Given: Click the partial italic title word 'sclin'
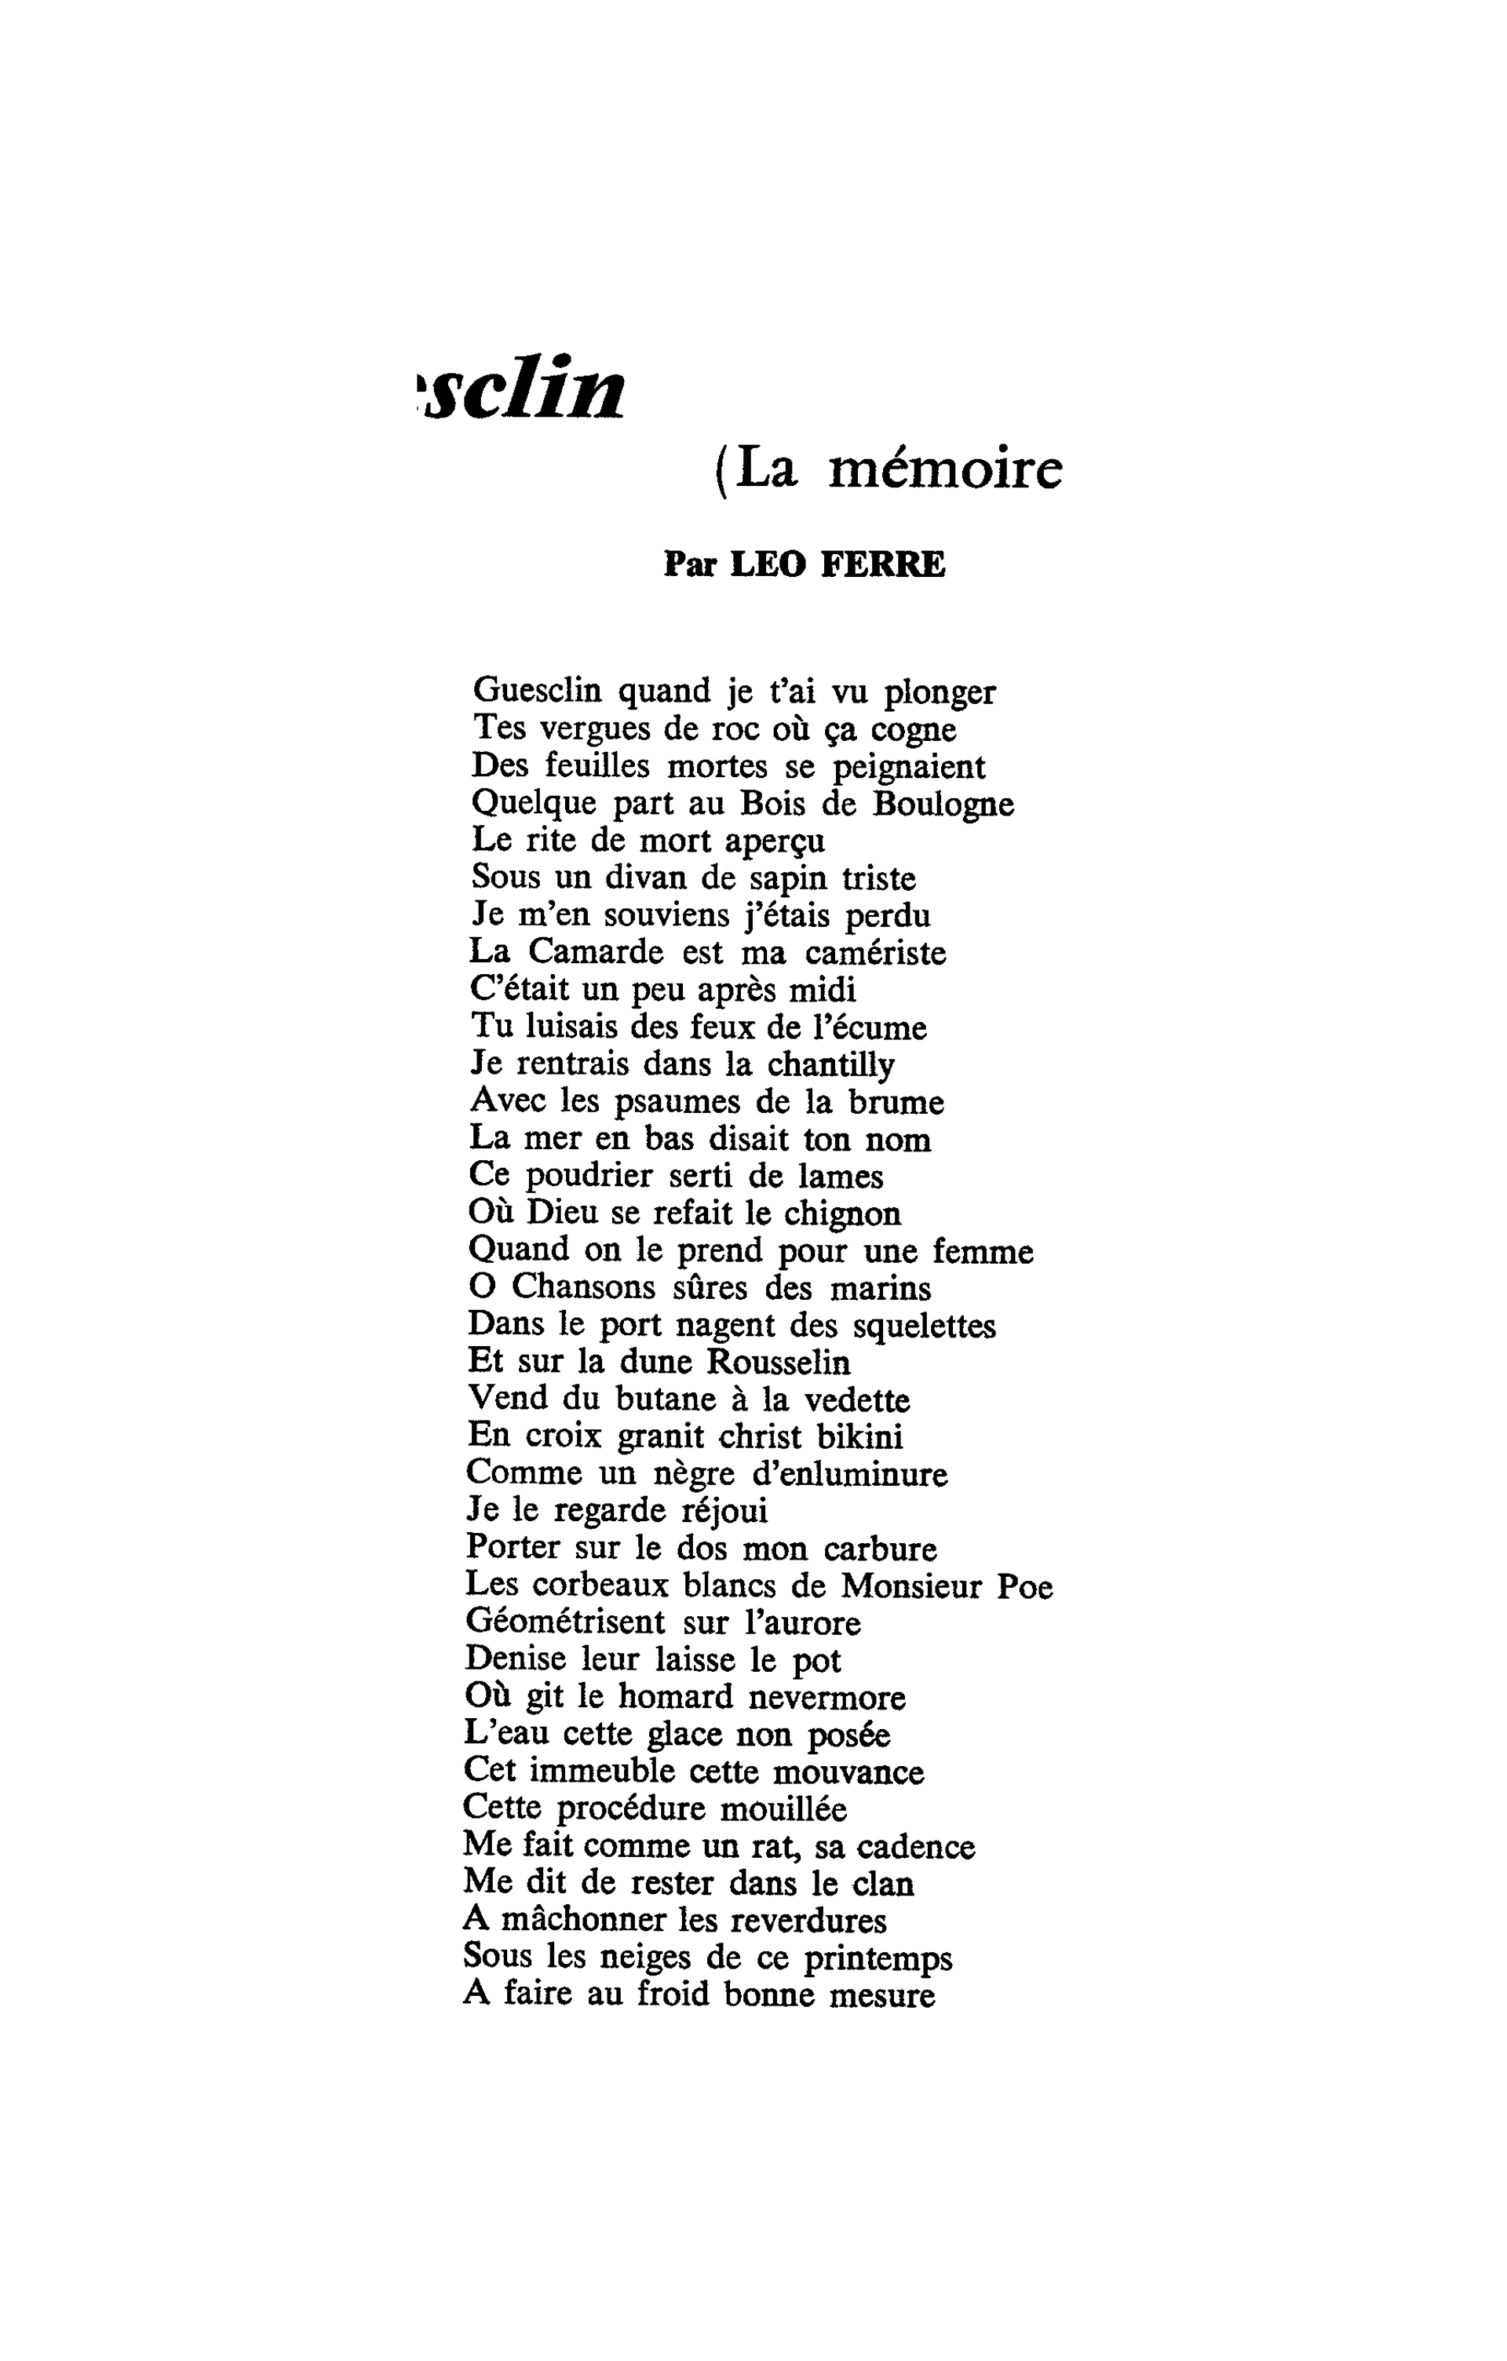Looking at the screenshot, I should [524, 389].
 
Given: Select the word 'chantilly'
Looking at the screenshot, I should [830, 1065].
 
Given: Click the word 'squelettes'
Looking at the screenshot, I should [924, 1326].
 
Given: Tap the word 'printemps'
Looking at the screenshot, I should [878, 1958].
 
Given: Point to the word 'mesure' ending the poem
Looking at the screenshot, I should [881, 1994].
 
